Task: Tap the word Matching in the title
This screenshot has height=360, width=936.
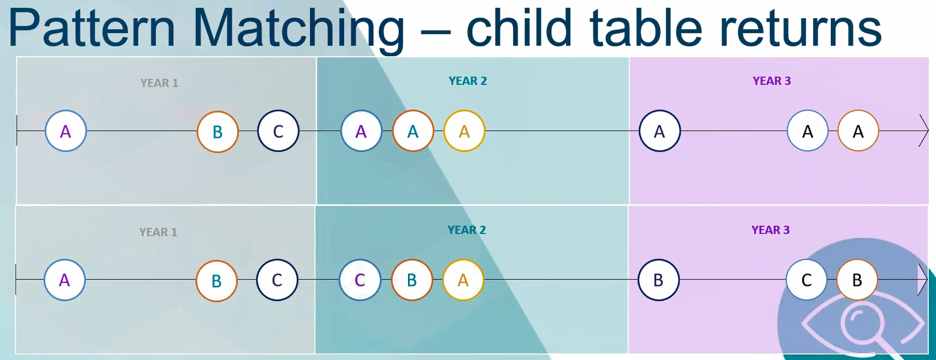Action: (x=299, y=30)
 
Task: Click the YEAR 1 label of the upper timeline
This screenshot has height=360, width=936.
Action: (x=159, y=83)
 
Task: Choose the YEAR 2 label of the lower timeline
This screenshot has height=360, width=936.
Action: (x=467, y=230)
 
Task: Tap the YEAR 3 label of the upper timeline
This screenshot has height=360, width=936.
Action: (x=772, y=81)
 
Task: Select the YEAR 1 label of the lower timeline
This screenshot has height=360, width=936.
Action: (x=158, y=232)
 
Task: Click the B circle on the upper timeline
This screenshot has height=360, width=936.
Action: (x=217, y=131)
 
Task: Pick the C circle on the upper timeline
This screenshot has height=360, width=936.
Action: (x=278, y=131)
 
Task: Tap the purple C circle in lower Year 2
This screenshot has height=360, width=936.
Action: (x=360, y=280)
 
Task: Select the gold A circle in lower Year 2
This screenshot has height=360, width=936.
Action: (x=463, y=280)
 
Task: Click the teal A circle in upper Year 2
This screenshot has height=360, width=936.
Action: (x=413, y=131)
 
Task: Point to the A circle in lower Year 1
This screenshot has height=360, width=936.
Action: (x=64, y=280)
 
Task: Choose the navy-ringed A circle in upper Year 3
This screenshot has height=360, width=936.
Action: (x=659, y=131)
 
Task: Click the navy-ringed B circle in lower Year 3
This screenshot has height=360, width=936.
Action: (x=658, y=280)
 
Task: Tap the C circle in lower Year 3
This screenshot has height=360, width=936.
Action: (x=806, y=280)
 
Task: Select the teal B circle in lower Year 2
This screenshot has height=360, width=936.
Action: (x=412, y=280)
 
